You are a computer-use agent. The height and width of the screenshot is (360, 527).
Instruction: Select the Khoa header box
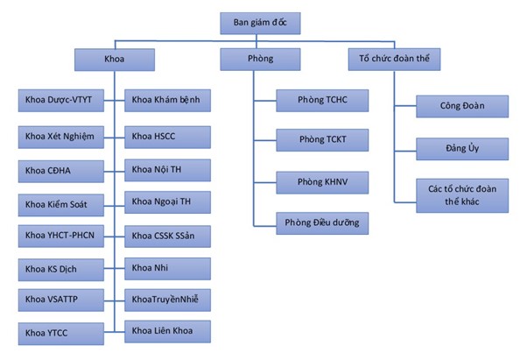(115, 60)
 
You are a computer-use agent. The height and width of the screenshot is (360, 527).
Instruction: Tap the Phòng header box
(259, 60)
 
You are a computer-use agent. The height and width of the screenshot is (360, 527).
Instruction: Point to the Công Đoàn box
(462, 107)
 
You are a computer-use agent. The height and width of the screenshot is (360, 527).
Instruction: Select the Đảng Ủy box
(462, 149)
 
